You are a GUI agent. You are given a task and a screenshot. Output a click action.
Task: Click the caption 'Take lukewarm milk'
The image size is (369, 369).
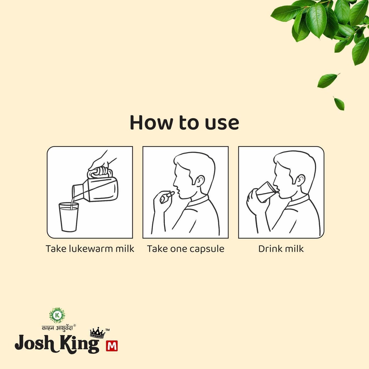coord(90,249)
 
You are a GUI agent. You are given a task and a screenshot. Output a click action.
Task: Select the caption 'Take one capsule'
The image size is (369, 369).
coord(186,249)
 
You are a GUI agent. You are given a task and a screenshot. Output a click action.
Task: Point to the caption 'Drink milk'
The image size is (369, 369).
coord(281,249)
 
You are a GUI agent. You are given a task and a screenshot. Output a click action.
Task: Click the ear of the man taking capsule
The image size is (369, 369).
coord(201,181)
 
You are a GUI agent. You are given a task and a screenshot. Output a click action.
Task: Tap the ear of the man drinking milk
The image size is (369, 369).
coord(301,181)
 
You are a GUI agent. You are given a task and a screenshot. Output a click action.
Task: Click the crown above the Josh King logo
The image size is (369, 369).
coord(97,333)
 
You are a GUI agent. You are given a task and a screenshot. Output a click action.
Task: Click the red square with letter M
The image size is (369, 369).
coord(112,346)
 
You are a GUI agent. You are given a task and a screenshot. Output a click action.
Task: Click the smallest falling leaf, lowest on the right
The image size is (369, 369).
coord(339,103)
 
